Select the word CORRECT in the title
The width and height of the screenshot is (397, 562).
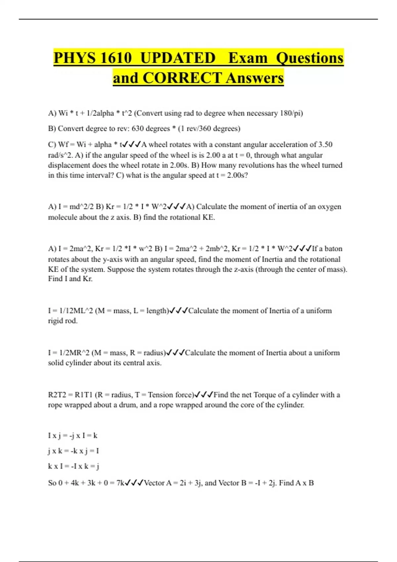click(182, 78)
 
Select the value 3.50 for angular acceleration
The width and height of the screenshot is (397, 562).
click(325, 145)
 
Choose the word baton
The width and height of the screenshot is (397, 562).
click(333, 249)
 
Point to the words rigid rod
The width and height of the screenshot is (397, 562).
click(63, 321)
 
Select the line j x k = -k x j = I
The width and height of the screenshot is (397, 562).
click(73, 451)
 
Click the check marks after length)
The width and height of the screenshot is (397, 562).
click(179, 311)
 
